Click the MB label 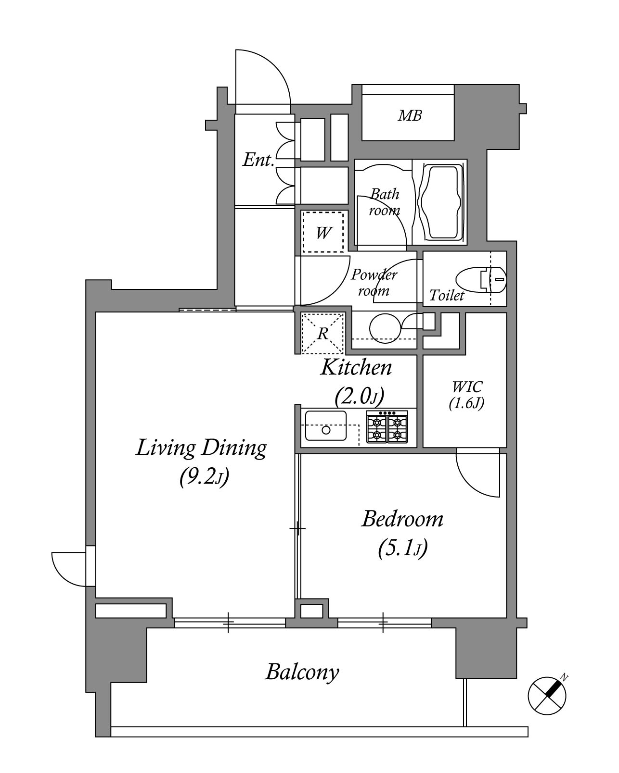pyautogui.click(x=410, y=116)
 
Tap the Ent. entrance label pyautogui.click(x=258, y=160)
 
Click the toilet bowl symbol pyautogui.click(x=481, y=279)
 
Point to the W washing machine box pyautogui.click(x=323, y=232)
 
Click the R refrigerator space pyautogui.click(x=322, y=333)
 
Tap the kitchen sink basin pyautogui.click(x=326, y=425)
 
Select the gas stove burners pyautogui.click(x=387, y=426)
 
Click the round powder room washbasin pyautogui.click(x=385, y=328)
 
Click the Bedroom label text pyautogui.click(x=402, y=519)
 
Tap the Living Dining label pyautogui.click(x=201, y=449)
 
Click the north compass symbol pyautogui.click(x=547, y=696)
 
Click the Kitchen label pyautogui.click(x=356, y=367)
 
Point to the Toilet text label pyautogui.click(x=447, y=295)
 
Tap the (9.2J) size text pyautogui.click(x=204, y=477)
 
